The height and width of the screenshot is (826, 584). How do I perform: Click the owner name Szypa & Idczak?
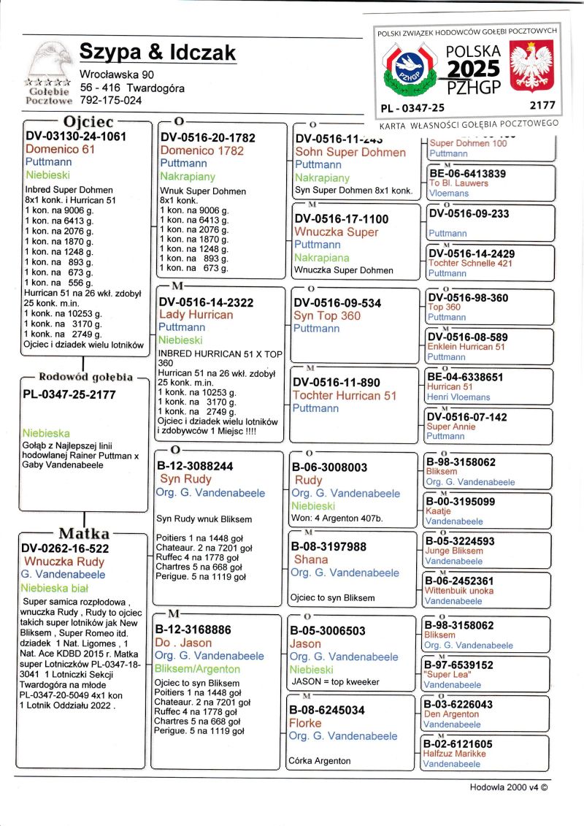point(157,53)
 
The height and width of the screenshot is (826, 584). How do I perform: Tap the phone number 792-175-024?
point(111,100)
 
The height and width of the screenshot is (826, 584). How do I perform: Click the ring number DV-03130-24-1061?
point(76,136)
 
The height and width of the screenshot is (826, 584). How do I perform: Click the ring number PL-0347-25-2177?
point(69,394)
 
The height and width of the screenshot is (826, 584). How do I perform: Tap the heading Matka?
point(84,533)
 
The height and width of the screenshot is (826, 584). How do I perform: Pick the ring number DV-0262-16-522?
point(65,548)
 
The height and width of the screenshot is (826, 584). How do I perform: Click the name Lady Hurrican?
point(196,315)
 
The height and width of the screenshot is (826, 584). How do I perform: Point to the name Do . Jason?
point(183,643)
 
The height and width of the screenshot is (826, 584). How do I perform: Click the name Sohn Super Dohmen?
point(350,152)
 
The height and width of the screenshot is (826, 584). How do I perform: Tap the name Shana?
point(310,559)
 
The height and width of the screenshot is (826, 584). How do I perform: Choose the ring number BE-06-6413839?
point(466,174)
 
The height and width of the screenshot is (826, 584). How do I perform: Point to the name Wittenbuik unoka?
point(459,591)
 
